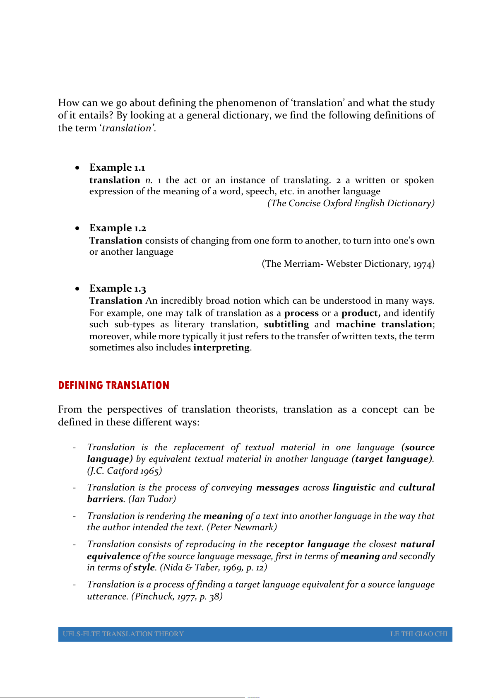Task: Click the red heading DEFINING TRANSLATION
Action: tap(114, 385)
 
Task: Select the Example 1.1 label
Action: tap(117, 167)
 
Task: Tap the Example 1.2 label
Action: tap(118, 228)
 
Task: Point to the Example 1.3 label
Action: tap(118, 288)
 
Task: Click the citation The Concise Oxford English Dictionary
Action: tap(351, 203)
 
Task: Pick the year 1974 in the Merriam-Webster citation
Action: tap(422, 264)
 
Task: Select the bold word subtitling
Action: tap(286, 324)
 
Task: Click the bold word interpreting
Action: tap(221, 347)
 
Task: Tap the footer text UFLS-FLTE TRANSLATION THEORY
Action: tap(123, 634)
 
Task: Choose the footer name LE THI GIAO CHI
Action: tap(418, 634)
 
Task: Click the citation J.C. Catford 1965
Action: tap(125, 471)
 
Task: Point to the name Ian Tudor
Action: tap(152, 499)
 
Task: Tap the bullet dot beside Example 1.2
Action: tap(77, 228)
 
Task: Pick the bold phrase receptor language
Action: tap(308, 544)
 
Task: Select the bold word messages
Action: tap(277, 488)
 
